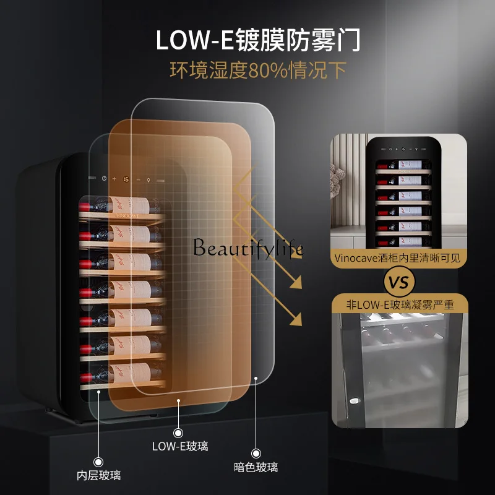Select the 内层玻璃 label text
tap(98, 476)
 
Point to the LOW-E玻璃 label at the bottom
tap(179, 445)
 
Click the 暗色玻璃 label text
tap(256, 467)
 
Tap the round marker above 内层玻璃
tap(98, 462)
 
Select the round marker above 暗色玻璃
tap(256, 453)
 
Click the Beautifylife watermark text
tap(248, 248)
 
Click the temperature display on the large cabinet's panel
tap(126, 179)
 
